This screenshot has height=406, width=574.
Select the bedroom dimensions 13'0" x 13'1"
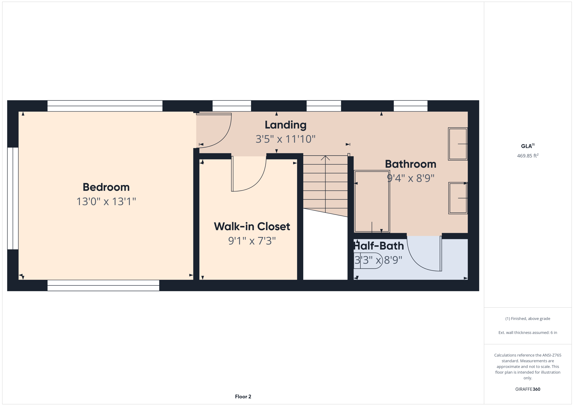pyautogui.click(x=106, y=201)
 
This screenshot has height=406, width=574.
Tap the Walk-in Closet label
pyautogui.click(x=252, y=226)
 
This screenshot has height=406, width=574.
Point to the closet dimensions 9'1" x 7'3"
pyautogui.click(x=252, y=241)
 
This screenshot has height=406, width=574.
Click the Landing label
pyautogui.click(x=285, y=125)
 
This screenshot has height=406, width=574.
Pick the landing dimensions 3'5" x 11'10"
pyautogui.click(x=285, y=139)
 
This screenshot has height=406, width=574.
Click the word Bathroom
pyautogui.click(x=410, y=164)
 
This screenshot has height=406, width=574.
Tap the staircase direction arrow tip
pyautogui.click(x=325, y=156)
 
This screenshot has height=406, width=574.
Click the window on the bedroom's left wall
pyautogui.click(x=13, y=198)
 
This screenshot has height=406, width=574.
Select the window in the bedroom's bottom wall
pyautogui.click(x=103, y=285)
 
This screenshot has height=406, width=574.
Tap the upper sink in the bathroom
pyautogui.click(x=458, y=144)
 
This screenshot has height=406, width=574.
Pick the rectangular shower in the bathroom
pyautogui.click(x=372, y=201)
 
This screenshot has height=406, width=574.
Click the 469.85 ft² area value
pyautogui.click(x=528, y=156)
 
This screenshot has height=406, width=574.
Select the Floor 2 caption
pyautogui.click(x=243, y=396)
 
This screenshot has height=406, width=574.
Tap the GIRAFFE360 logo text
pyautogui.click(x=528, y=389)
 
